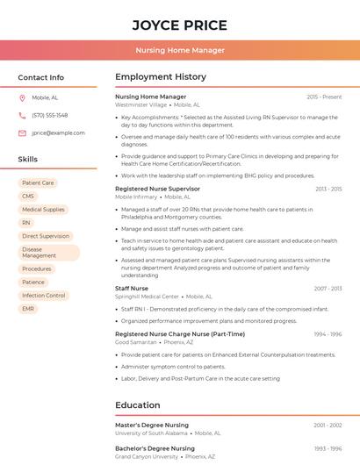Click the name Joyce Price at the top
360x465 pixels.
[x=179, y=25]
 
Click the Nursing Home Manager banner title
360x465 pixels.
[x=179, y=50]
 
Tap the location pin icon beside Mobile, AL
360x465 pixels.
[x=22, y=97]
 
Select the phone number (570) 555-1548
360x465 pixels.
[x=49, y=115]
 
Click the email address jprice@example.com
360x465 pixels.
[x=58, y=132]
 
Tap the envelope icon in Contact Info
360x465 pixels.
[x=22, y=132]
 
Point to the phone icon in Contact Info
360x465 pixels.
[x=22, y=115]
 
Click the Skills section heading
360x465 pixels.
[x=28, y=159]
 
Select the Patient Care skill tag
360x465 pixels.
[x=38, y=183]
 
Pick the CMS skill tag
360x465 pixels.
[x=28, y=197]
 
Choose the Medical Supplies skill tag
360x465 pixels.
[x=43, y=210]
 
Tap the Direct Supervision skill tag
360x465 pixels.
[x=46, y=236]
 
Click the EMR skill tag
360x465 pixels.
[x=28, y=309]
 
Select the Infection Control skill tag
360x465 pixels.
[x=44, y=296]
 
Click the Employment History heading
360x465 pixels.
[x=161, y=77]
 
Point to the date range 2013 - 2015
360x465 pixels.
[x=328, y=189]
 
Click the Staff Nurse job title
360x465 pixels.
[x=132, y=288]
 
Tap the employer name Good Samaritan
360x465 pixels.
[x=136, y=342]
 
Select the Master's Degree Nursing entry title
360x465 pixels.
[x=152, y=425]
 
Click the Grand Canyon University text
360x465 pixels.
[x=146, y=456]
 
